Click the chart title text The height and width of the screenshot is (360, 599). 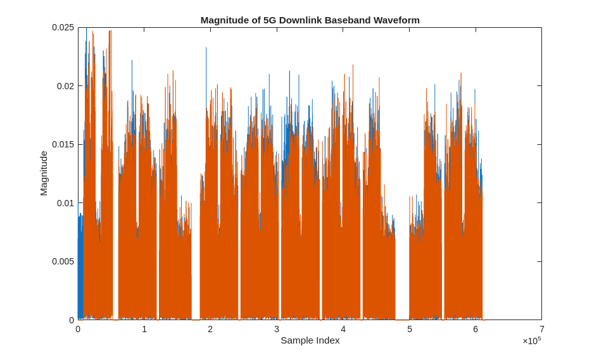[x=310, y=20]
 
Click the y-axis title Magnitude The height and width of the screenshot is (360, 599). [x=44, y=173]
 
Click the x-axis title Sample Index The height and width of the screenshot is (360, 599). [x=310, y=340]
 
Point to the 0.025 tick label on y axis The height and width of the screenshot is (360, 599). [x=63, y=27]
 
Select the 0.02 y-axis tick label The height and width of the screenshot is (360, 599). [x=65, y=86]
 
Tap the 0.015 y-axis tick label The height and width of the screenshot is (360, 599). [x=63, y=144]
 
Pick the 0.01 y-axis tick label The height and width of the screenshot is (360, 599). [x=65, y=203]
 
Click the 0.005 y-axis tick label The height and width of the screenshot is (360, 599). [x=63, y=261]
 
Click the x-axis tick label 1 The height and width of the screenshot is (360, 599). [x=144, y=329]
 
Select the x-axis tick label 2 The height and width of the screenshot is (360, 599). [x=210, y=329]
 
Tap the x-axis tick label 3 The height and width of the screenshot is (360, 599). [x=277, y=329]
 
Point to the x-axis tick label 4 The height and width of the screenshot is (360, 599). [x=343, y=329]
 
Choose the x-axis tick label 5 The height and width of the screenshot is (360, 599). [x=410, y=329]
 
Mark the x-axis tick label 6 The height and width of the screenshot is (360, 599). [x=476, y=329]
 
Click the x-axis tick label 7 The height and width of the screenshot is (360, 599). [x=542, y=329]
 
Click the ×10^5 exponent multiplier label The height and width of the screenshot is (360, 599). [x=531, y=341]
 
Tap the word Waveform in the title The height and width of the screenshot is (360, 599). [x=396, y=20]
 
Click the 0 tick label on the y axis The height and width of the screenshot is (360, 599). [x=72, y=320]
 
